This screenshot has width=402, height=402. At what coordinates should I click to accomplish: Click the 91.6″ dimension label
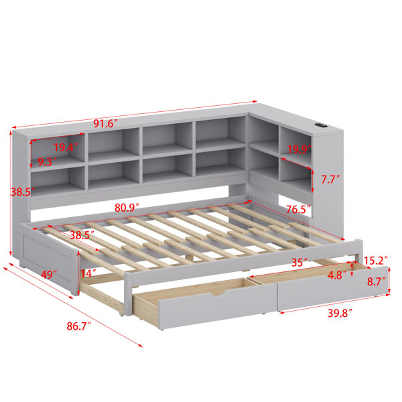coord(105,124)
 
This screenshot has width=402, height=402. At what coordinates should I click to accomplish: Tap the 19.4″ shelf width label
coord(66,147)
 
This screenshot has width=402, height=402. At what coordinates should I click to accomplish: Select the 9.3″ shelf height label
coord(47,161)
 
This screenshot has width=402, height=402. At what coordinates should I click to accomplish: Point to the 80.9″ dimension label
coord(127,208)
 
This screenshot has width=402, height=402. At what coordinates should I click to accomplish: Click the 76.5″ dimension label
coord(298,210)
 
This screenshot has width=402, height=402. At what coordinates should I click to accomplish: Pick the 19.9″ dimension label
coord(299,149)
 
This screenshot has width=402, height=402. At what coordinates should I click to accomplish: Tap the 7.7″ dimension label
coord(331,180)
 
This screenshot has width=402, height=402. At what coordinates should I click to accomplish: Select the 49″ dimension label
coord(49,275)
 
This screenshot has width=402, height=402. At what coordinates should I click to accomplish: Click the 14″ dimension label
coord(88,273)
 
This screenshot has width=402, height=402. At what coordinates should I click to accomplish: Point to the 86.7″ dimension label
coord(79,326)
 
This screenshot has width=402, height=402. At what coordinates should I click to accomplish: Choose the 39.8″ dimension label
coord(340,313)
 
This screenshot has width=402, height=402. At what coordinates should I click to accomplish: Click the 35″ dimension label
coord(299,263)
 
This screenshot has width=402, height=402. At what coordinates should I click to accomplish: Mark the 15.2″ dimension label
coord(376,261)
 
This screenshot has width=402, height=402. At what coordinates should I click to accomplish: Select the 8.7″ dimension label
coord(377,282)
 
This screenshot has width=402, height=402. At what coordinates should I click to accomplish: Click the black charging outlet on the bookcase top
coord(320,125)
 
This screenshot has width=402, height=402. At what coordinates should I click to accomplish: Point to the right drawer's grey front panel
coord(333,289)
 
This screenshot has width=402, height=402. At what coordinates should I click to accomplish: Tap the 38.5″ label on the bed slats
coord(82,235)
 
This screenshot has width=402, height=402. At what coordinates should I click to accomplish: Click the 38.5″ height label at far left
coord(23,192)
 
